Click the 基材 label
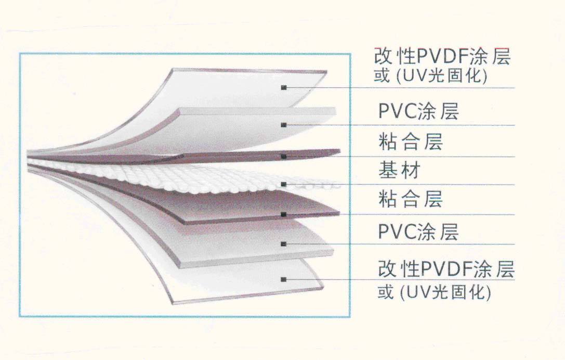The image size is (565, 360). coord(399,170)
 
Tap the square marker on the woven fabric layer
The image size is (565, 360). coord(284,184)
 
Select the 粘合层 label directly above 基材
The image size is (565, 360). coord(411,142)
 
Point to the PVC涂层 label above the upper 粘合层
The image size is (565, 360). coord(418,112)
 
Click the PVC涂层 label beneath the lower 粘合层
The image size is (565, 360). coord(418,232)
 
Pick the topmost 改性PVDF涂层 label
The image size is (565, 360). coord(442,57)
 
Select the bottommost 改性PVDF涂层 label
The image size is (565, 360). coord(446,270)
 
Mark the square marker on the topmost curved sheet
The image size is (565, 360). coord(284,87)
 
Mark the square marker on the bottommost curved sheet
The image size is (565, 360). coord(284,279)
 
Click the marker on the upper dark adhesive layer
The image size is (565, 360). coord(284,156)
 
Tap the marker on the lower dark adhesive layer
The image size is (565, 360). coord(284,214)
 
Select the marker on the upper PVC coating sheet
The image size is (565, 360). coord(284,124)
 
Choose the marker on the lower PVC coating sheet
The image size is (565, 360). coord(284,243)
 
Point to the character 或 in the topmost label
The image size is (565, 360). coord(382,76)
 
